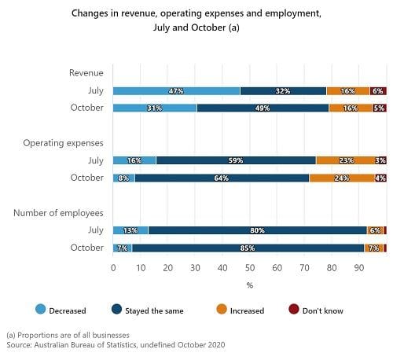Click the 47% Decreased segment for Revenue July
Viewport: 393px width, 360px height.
pyautogui.click(x=176, y=91)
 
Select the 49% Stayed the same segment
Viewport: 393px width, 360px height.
pyautogui.click(x=263, y=108)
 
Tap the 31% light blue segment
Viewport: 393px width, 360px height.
pyautogui.click(x=155, y=108)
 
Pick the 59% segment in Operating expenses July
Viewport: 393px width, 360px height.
pyautogui.click(x=236, y=160)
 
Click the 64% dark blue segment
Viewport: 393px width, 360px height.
pyautogui.click(x=222, y=178)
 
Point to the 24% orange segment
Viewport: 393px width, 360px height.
pyautogui.click(x=342, y=178)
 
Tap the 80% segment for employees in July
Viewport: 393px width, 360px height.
pyautogui.click(x=257, y=230)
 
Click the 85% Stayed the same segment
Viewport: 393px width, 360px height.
pyautogui.click(x=248, y=248)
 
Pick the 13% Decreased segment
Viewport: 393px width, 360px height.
pyautogui.click(x=130, y=230)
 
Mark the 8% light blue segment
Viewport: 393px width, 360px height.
pyautogui.click(x=124, y=178)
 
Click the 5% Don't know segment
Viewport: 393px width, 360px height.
pyautogui.click(x=379, y=108)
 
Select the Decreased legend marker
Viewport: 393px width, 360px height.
pyautogui.click(x=41, y=309)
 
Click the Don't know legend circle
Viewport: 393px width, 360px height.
pyautogui.click(x=294, y=309)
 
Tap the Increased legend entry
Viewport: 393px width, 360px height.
pyautogui.click(x=241, y=310)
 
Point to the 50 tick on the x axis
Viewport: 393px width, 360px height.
pyautogui.click(x=250, y=268)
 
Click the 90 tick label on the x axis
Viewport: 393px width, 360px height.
pyautogui.click(x=359, y=268)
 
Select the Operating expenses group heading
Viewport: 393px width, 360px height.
pyautogui.click(x=63, y=143)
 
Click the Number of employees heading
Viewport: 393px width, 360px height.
pyautogui.click(x=58, y=213)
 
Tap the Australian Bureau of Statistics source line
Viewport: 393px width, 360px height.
pyautogui.click(x=116, y=345)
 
